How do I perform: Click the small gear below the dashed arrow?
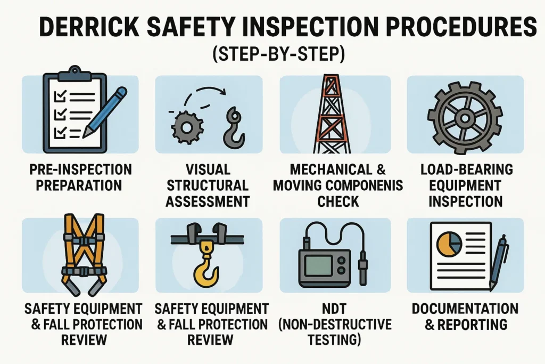[x=186, y=128]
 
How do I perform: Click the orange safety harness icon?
[x=82, y=253]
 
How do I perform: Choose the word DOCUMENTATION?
[x=465, y=309]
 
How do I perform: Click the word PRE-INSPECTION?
[x=80, y=170]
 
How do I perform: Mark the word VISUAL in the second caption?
[x=209, y=170]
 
